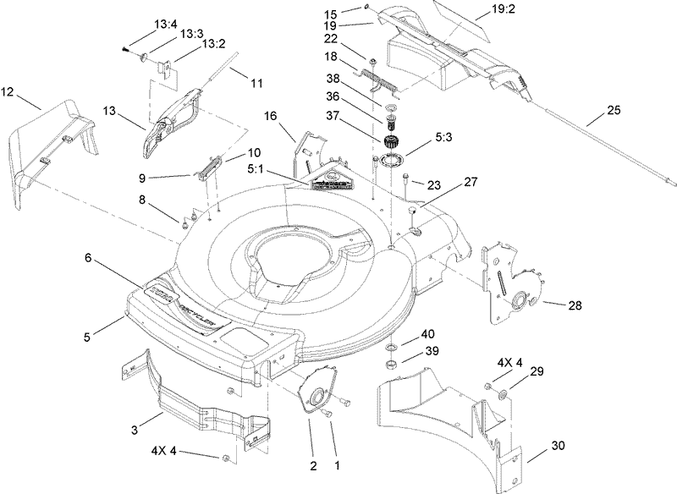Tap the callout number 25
pyautogui.click(x=613, y=110)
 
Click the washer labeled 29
pyautogui.click(x=502, y=392)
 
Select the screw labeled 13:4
pyautogui.click(x=127, y=49)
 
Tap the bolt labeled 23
pyautogui.click(x=407, y=178)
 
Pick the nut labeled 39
pyautogui.click(x=393, y=364)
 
